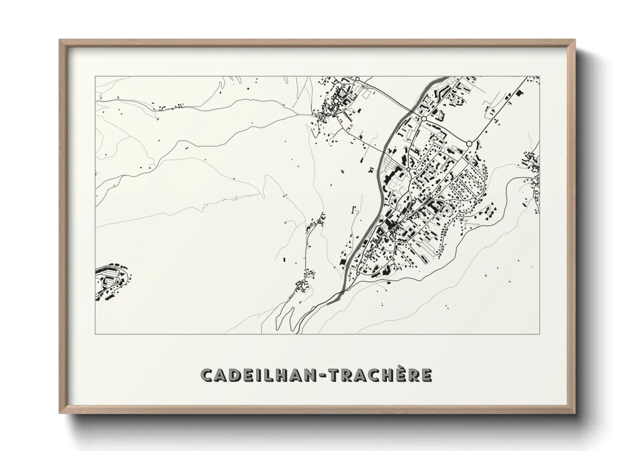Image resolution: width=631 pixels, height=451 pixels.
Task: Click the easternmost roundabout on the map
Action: [x=469, y=144]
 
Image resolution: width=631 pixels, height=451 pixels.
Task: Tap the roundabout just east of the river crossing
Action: [x=424, y=119]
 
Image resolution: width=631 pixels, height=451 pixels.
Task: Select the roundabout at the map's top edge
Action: [x=357, y=78]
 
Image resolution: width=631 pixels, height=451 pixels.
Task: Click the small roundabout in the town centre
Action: [x=408, y=169]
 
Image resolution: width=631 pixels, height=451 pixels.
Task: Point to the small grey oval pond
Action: [x=343, y=172]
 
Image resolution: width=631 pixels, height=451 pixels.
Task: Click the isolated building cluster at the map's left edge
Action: [x=112, y=281]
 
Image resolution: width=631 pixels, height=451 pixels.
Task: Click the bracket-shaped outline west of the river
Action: [x=353, y=209]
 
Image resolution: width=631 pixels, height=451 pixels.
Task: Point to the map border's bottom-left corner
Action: [x=95, y=334]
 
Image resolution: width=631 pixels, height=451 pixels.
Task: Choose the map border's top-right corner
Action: [x=540, y=76]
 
